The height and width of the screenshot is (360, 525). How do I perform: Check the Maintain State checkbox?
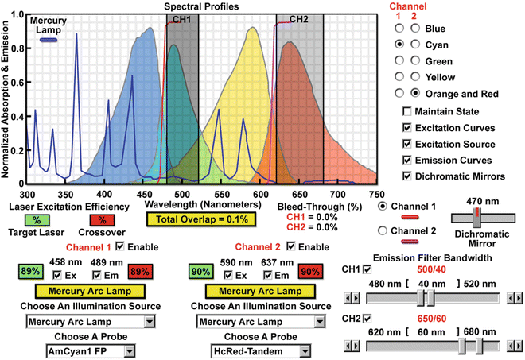tap(407, 110)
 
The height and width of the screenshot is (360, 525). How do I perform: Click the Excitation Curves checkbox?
tap(407, 128)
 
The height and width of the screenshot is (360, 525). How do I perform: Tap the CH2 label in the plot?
tap(299, 18)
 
